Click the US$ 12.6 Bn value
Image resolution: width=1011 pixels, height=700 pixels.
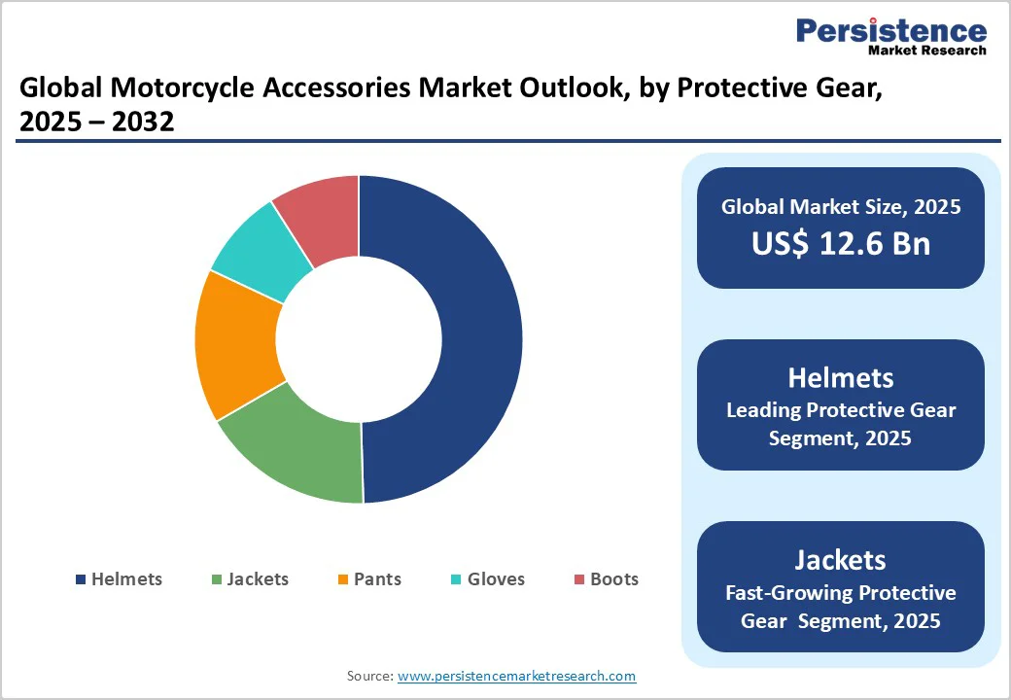(x=840, y=243)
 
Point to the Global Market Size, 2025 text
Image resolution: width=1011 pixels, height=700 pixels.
(x=840, y=206)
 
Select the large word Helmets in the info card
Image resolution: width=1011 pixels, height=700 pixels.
(x=840, y=377)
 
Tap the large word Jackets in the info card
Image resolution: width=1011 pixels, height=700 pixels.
(x=840, y=560)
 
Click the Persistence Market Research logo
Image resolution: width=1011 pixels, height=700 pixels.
(x=890, y=36)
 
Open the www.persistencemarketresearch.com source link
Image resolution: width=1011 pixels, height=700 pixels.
(x=516, y=676)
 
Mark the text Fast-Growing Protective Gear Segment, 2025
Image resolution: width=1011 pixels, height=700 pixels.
(x=840, y=607)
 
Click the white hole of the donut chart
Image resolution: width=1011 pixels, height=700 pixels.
(x=359, y=339)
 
